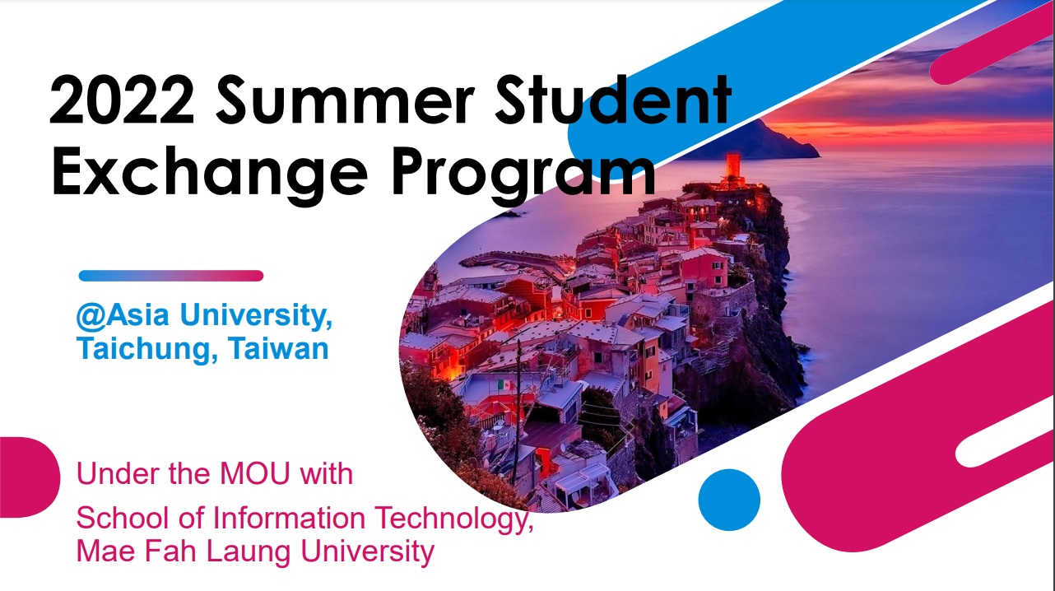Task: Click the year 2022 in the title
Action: pyautogui.click(x=122, y=100)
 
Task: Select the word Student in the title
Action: pyautogui.click(x=613, y=100)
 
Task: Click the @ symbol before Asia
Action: pyautogui.click(x=91, y=315)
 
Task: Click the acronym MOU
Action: pyautogui.click(x=254, y=474)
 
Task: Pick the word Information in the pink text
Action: pyautogui.click(x=289, y=518)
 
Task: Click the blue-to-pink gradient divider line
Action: pyautogui.click(x=171, y=276)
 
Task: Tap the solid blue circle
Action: pyautogui.click(x=729, y=500)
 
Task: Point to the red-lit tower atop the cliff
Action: pyautogui.click(x=733, y=166)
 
